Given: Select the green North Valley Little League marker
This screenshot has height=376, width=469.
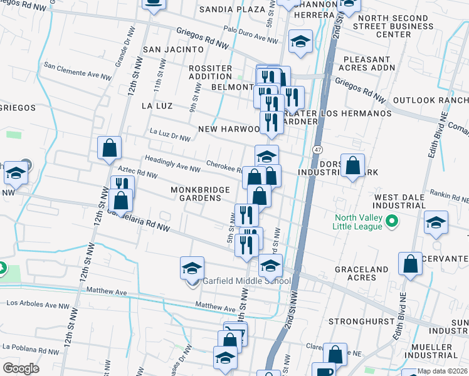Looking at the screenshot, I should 392,221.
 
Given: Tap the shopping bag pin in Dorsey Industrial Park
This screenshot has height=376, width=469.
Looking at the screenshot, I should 353,166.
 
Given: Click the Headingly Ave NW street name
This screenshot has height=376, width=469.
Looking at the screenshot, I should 172,165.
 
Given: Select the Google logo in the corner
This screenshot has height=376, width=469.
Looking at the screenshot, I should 21,368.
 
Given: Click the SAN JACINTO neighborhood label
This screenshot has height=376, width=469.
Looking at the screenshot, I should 174,49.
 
